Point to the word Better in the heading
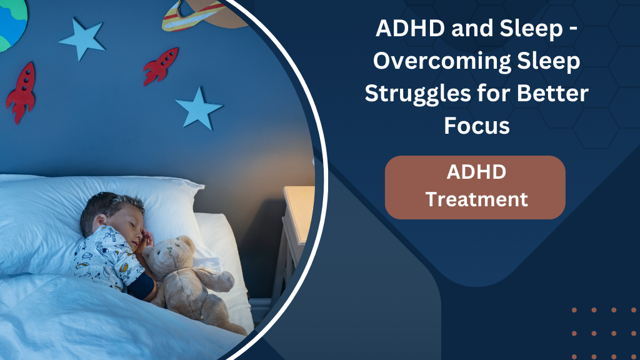551,94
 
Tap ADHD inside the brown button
476,172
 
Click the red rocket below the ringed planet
161,66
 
